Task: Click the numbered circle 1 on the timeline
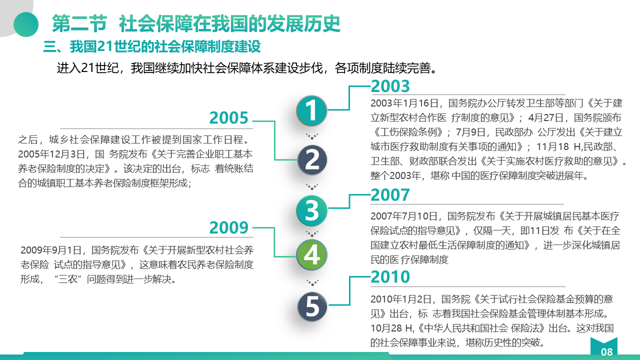311,110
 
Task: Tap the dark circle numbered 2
312,160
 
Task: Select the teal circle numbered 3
311,211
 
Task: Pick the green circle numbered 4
311,254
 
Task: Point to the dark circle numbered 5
312,306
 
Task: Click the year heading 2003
390,86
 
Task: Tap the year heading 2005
228,117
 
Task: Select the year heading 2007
390,195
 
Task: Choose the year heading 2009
228,227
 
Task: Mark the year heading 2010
390,276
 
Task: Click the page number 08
606,352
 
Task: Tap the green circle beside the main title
26,24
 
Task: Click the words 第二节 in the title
79,23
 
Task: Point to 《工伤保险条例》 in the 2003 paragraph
410,132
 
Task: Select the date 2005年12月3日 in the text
51,154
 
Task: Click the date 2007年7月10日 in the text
404,216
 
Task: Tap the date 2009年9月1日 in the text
51,250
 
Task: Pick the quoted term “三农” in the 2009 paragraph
67,279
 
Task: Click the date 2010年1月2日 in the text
401,299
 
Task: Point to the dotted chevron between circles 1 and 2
312,136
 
